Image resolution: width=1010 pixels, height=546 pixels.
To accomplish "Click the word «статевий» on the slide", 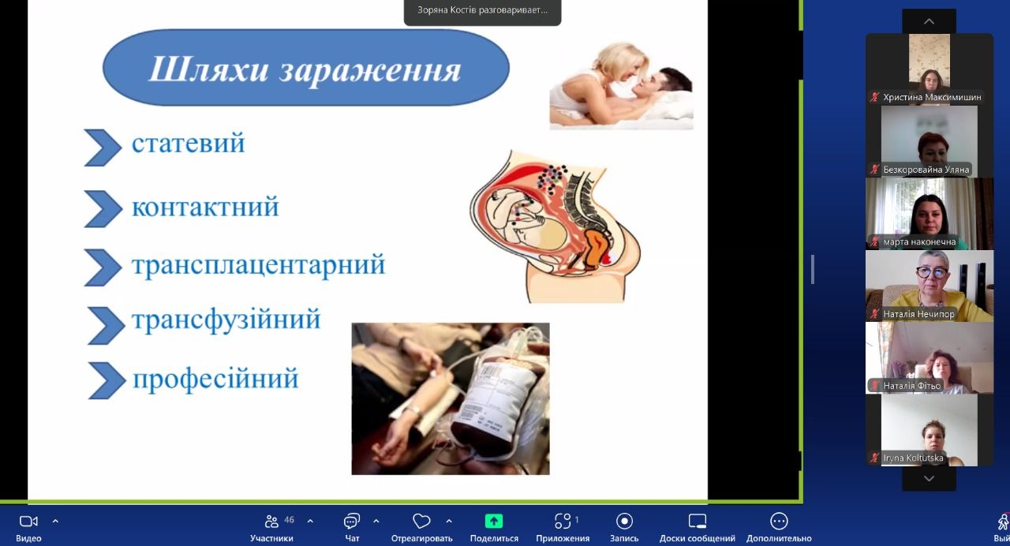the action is (188, 143).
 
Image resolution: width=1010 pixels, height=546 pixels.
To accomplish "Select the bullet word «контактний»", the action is (205, 207).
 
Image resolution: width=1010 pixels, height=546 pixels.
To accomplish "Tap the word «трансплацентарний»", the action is (258, 264).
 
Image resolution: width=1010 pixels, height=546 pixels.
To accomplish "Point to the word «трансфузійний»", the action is (226, 320).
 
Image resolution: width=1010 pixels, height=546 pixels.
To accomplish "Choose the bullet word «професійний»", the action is (215, 379).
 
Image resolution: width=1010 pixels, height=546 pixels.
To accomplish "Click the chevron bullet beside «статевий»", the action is (103, 148).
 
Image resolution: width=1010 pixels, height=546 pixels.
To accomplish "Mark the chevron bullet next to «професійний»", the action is (107, 380).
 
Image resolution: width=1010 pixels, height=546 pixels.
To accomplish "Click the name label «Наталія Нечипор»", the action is (918, 314).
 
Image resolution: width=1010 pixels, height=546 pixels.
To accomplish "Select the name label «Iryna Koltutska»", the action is (913, 458).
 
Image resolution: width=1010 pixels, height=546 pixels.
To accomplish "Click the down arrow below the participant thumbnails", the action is (929, 478).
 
